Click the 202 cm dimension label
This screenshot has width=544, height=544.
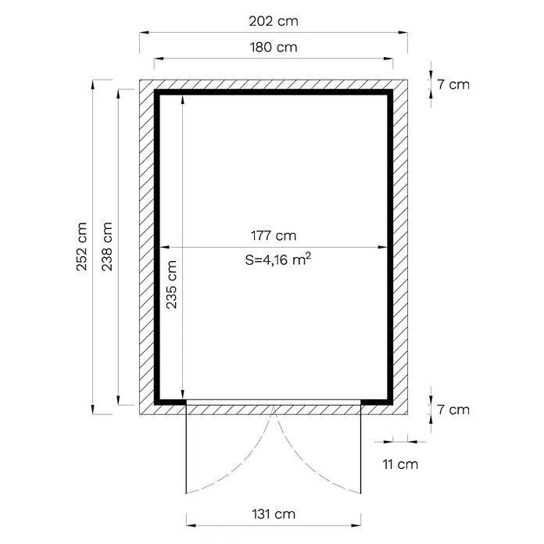(274, 22)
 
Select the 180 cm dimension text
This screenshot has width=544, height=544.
(274, 48)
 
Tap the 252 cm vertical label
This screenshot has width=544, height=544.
(82, 246)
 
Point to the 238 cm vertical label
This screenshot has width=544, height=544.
(107, 246)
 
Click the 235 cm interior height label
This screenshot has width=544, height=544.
(172, 285)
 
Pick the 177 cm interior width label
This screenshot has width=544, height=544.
(274, 236)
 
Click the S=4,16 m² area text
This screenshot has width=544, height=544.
(278, 259)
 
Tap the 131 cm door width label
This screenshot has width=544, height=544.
(274, 514)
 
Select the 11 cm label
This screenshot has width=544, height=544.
(400, 464)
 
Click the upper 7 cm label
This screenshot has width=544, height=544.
(453, 84)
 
